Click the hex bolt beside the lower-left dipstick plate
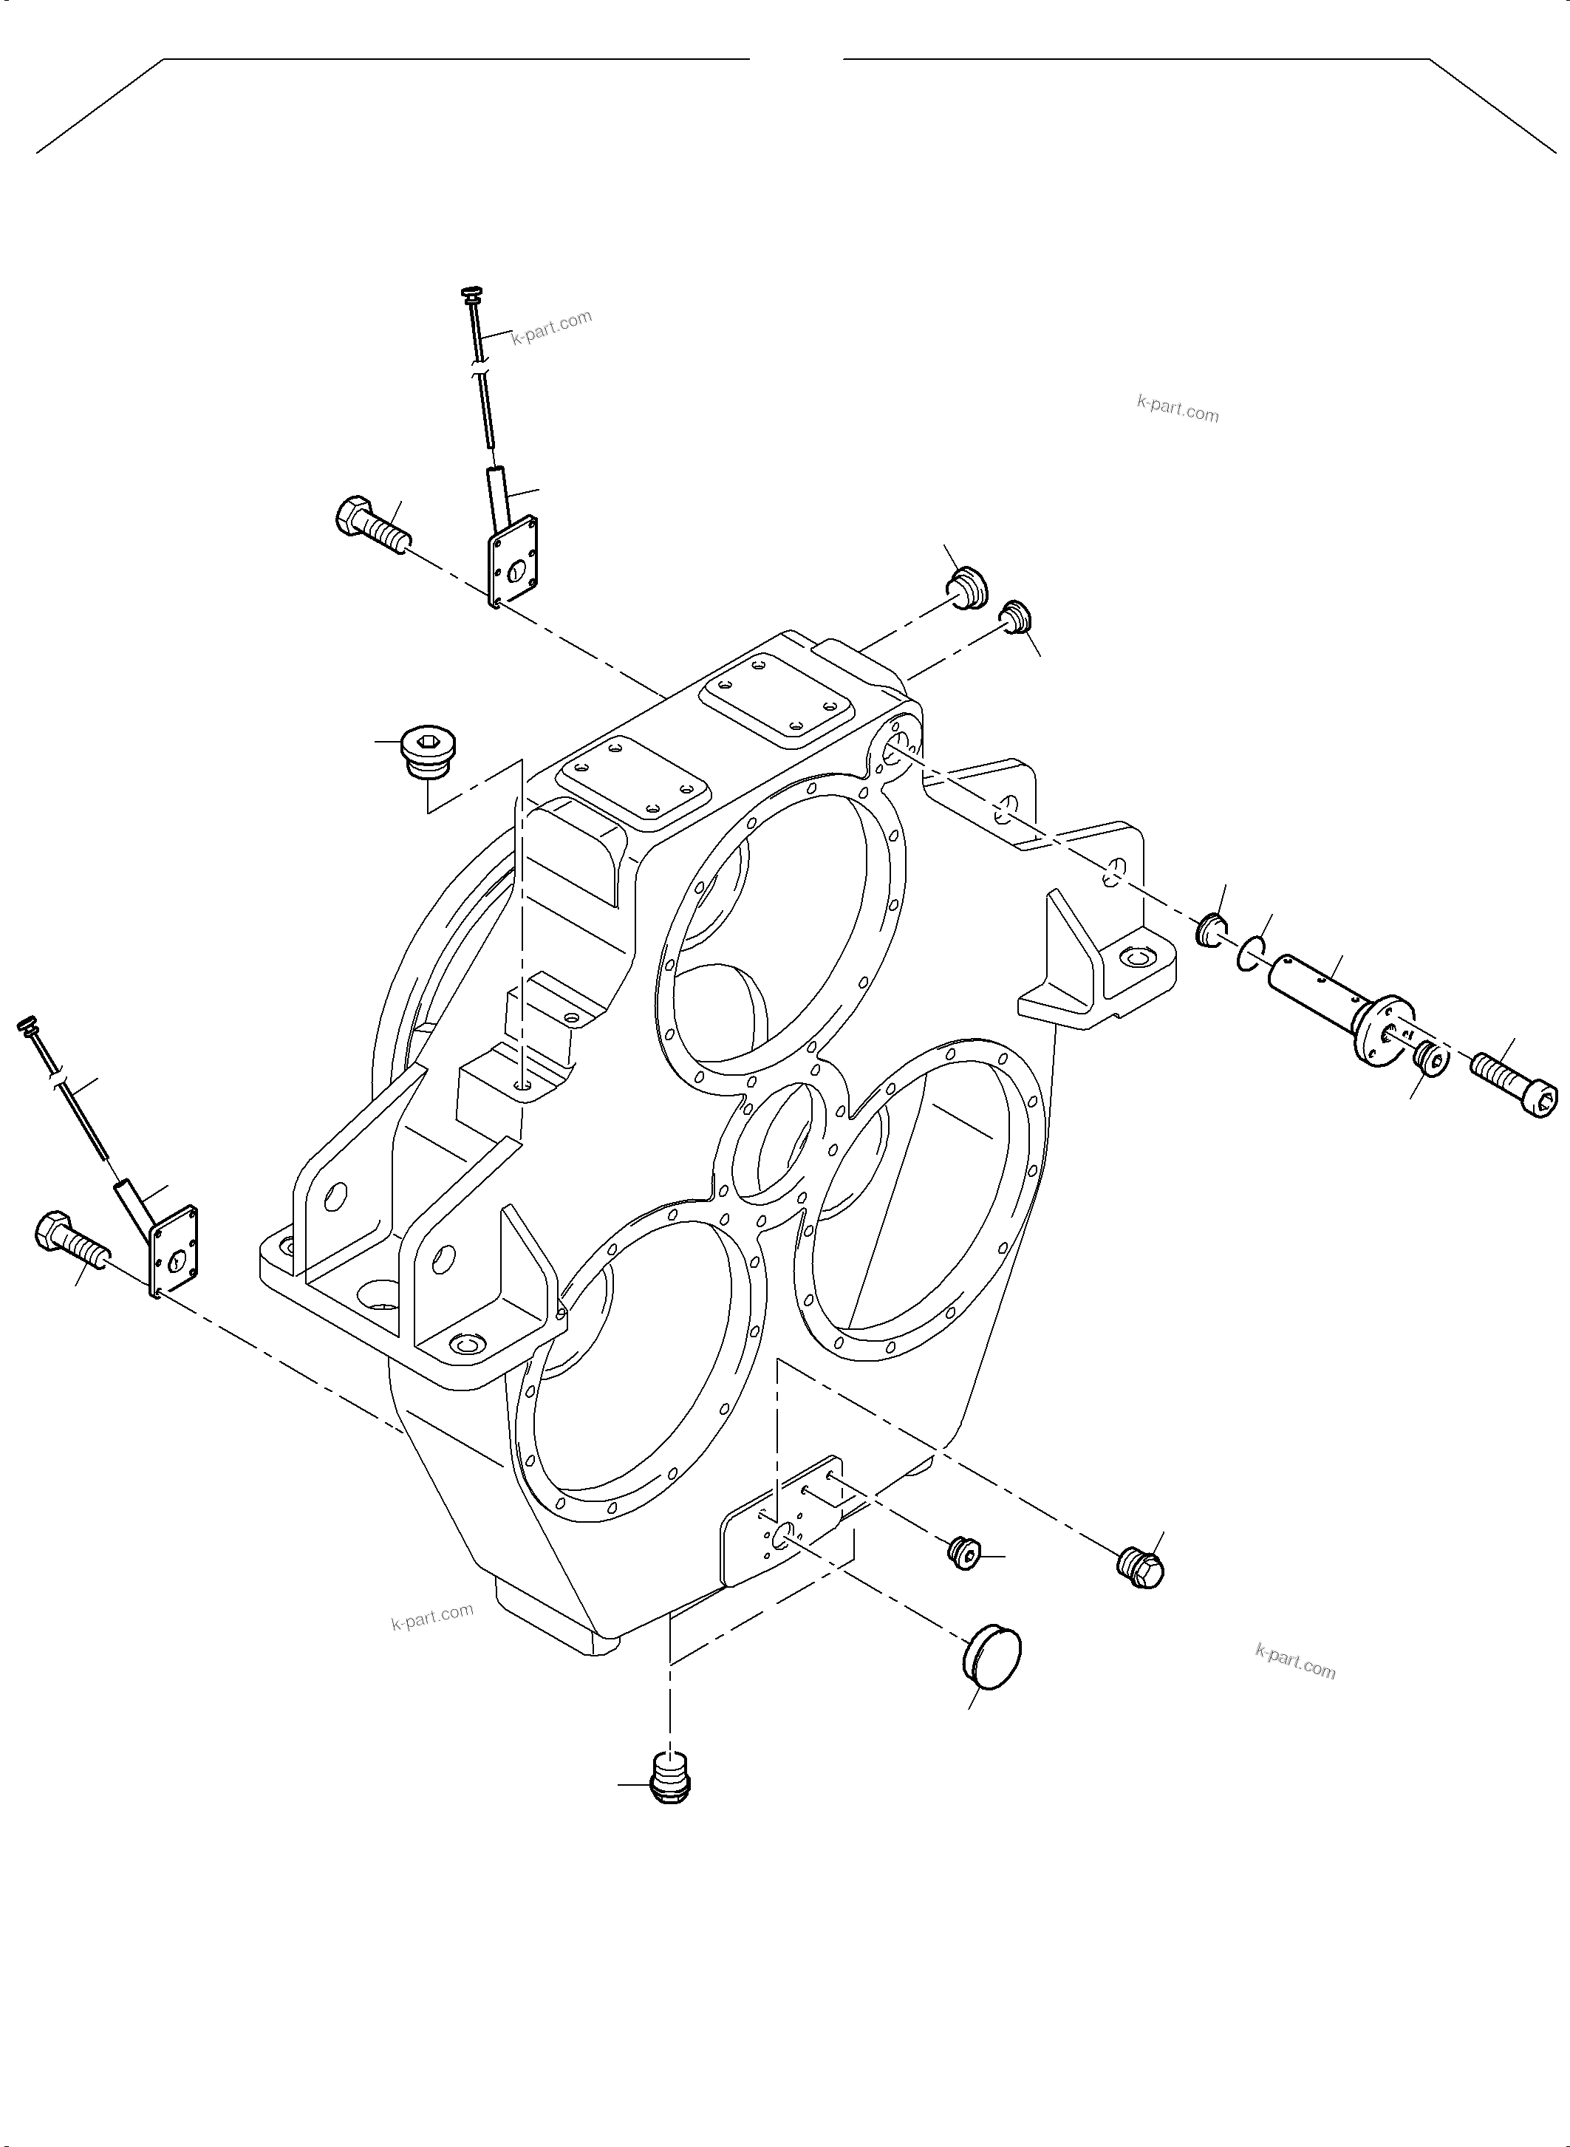(x=71, y=1238)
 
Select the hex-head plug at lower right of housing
(x=1141, y=1569)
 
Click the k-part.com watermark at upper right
(x=1178, y=409)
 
